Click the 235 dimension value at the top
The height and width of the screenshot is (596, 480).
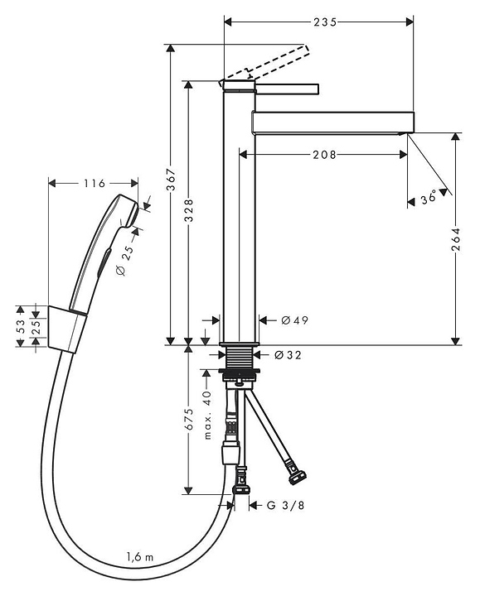[x=325, y=22]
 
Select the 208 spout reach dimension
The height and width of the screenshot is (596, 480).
[x=324, y=155]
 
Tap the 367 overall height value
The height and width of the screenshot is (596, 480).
[x=172, y=179]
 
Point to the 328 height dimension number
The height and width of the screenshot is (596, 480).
[x=189, y=210]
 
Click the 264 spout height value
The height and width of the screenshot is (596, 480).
[x=456, y=239]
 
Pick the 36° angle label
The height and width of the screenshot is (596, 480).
[x=429, y=199]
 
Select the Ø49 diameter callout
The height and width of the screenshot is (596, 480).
[x=294, y=320]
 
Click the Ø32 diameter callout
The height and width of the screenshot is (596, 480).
[x=288, y=355]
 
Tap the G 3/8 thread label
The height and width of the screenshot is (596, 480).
[x=285, y=505]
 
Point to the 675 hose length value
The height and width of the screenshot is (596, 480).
[x=189, y=419]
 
